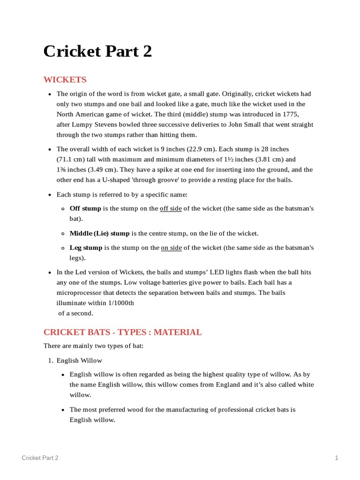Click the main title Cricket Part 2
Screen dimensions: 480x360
point(97,52)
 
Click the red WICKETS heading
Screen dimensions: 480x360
point(65,80)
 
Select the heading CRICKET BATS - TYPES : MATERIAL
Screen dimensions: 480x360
point(122,332)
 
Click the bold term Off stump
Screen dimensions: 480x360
point(85,209)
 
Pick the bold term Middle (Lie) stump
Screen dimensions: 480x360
point(99,233)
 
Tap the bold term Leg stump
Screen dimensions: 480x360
point(86,248)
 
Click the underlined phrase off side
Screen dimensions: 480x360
point(171,209)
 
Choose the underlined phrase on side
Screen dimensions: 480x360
point(171,248)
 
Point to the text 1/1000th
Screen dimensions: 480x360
point(118,303)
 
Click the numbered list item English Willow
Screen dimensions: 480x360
point(79,360)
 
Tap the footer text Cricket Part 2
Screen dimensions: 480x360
point(40,458)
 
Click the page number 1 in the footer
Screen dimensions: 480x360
point(337,458)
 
